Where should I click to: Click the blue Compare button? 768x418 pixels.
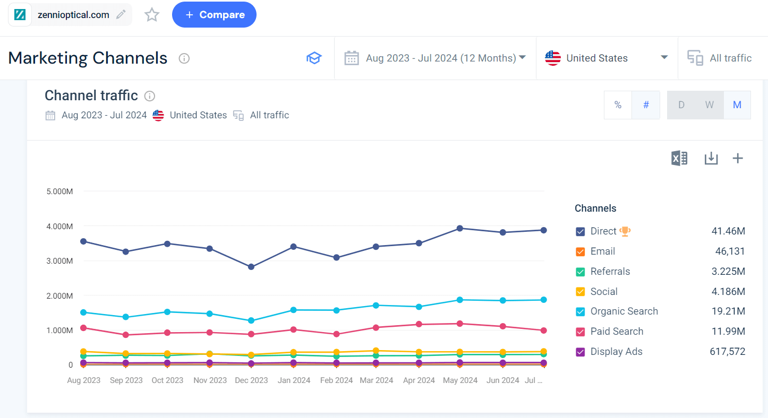point(214,15)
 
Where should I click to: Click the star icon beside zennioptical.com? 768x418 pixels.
point(152,15)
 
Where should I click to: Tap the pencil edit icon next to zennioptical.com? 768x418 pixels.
point(121,15)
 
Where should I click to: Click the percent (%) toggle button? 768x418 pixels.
point(618,105)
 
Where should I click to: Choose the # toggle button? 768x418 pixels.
point(646,105)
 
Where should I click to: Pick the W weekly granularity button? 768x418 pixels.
point(709,105)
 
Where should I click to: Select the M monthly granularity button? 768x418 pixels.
point(737,105)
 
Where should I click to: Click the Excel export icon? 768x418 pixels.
point(679,158)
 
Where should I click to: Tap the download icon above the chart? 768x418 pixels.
point(711,158)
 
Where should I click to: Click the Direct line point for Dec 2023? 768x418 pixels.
point(251,267)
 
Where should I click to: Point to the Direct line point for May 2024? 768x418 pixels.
point(460,228)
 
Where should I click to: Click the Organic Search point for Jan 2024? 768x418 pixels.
point(293,310)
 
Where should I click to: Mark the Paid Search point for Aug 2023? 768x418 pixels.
point(83,328)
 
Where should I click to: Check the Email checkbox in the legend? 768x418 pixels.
point(581,252)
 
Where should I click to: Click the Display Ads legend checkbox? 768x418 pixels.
point(581,352)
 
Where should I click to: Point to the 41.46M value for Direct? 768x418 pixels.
point(728,231)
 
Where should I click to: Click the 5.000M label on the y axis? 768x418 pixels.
point(59,191)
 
